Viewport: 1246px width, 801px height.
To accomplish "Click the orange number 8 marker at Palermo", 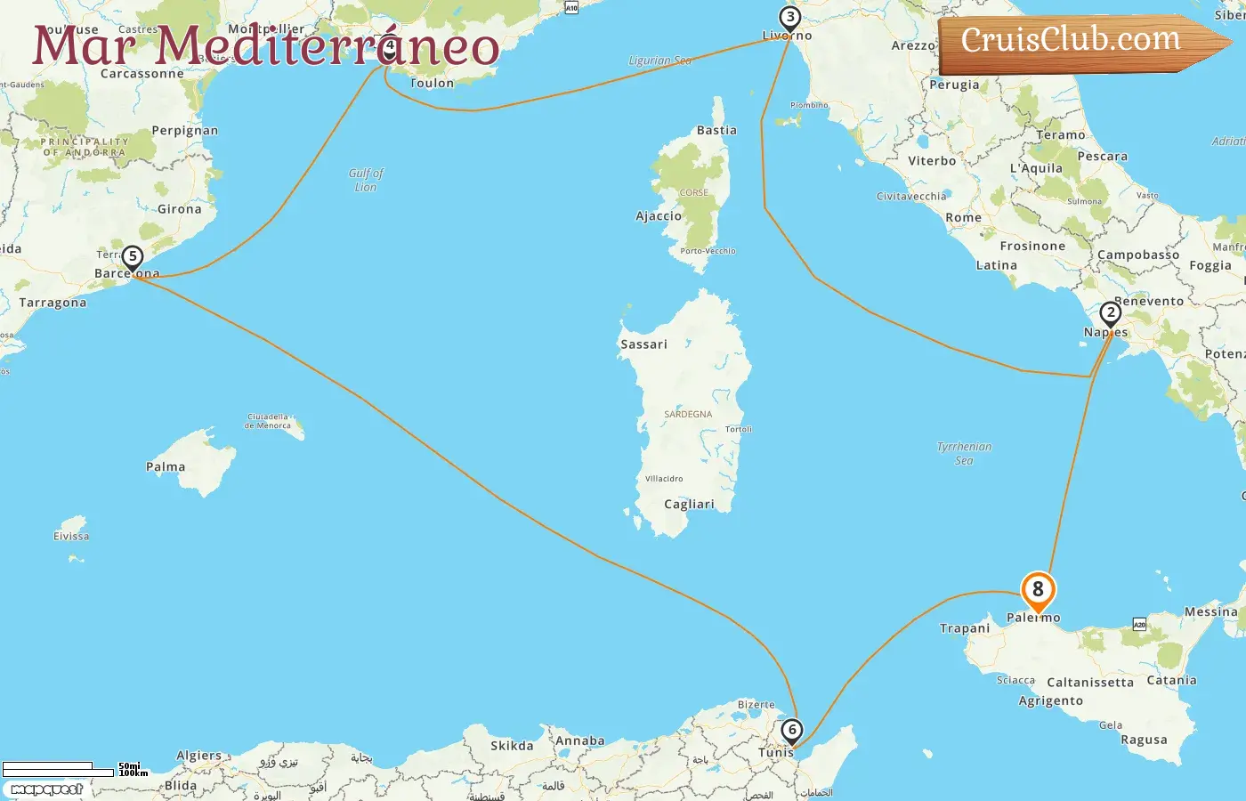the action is [x=1038, y=590].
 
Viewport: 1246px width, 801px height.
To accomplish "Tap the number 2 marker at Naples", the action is [x=1110, y=313].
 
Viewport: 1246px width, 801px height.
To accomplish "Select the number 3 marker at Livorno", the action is [x=789, y=18].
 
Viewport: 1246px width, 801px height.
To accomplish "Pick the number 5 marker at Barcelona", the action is [x=132, y=258].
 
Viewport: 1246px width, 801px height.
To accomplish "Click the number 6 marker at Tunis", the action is [x=791, y=731].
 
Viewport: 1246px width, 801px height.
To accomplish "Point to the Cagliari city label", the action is [x=689, y=505].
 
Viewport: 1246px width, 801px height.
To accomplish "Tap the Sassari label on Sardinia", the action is [x=643, y=344].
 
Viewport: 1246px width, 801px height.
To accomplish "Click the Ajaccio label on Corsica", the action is [x=659, y=216].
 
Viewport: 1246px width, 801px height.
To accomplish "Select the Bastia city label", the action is [x=716, y=131].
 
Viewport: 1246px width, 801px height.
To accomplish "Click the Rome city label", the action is [x=963, y=218].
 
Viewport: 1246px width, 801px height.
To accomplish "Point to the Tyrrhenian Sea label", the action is [x=964, y=453].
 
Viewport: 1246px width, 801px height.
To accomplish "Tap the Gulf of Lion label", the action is [x=366, y=180].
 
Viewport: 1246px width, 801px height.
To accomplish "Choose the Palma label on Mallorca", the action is [x=166, y=467].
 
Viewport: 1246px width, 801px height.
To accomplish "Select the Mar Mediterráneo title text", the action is [x=265, y=46].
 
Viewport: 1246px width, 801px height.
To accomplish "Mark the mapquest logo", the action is [x=46, y=789].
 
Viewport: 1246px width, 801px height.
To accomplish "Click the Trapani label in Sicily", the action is [x=965, y=628].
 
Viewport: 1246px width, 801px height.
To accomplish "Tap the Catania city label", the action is [x=1171, y=681].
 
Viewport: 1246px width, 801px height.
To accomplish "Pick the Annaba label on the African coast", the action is [x=579, y=741].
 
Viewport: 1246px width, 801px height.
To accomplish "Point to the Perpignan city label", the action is [x=184, y=131].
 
